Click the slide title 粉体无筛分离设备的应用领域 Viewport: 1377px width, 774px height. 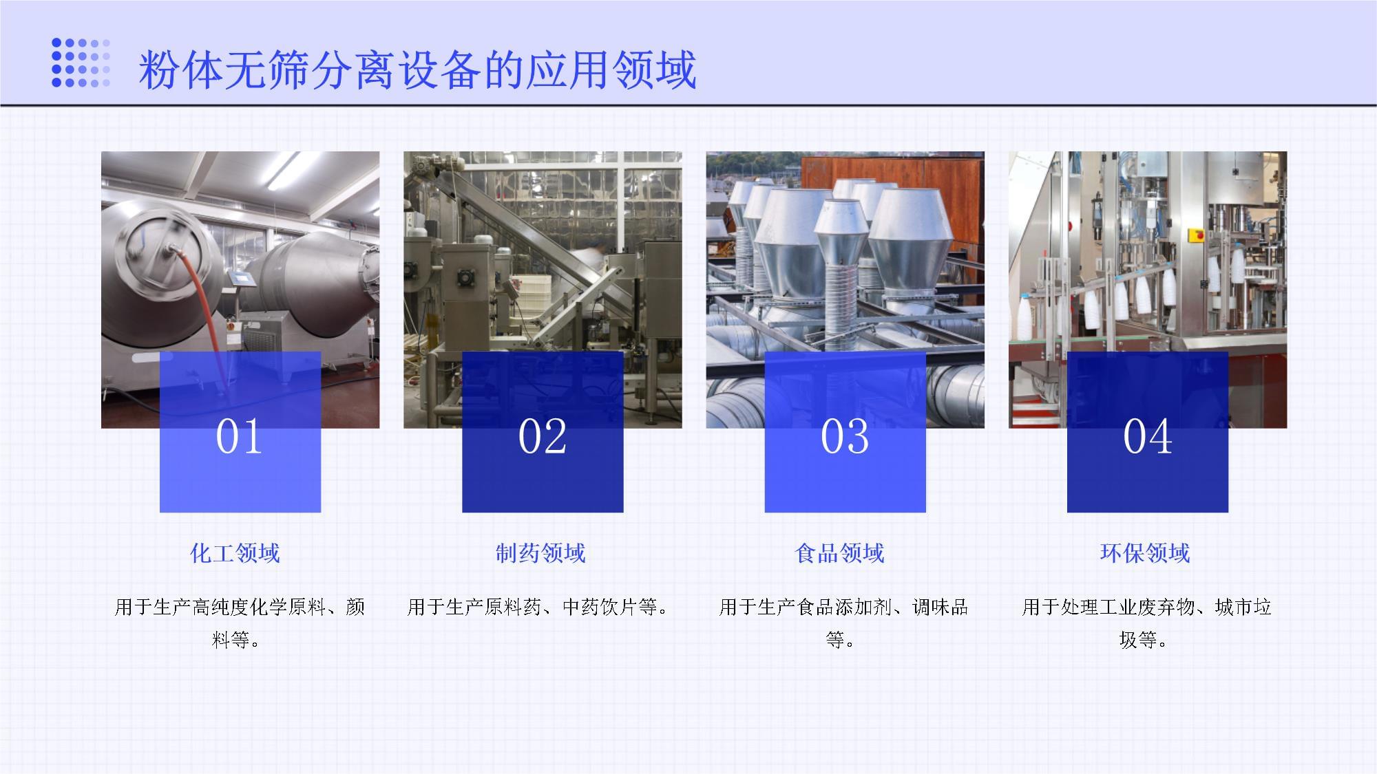pos(417,70)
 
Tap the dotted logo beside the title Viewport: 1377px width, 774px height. pos(81,63)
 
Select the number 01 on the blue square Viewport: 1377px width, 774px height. pos(239,437)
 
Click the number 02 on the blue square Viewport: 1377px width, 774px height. pos(542,437)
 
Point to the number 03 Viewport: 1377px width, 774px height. pos(845,437)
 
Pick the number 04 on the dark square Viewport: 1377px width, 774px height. pos(1147,437)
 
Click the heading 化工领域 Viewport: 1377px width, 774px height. pos(235,553)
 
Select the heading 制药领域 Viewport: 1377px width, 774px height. pos(540,553)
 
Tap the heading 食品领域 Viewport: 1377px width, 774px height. pos(839,553)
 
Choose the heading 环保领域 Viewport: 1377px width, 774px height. pos(1144,553)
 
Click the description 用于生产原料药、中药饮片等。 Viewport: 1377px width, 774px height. pos(538,607)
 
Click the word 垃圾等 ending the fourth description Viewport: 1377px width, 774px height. pos(1141,640)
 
